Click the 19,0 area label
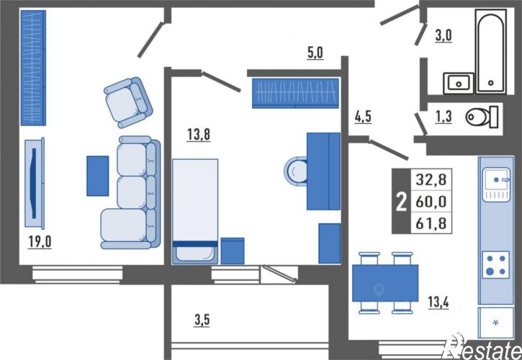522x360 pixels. pyautogui.click(x=40, y=242)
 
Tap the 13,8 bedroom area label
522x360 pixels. pyautogui.click(x=199, y=135)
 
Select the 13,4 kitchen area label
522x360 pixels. pyautogui.click(x=438, y=302)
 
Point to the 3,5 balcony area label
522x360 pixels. pyautogui.click(x=202, y=320)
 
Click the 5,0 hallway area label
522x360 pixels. pyautogui.click(x=315, y=53)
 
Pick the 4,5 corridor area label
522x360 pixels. pyautogui.click(x=363, y=117)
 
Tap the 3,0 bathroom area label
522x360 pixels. pyautogui.click(x=444, y=35)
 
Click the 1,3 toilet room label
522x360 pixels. pyautogui.click(x=444, y=117)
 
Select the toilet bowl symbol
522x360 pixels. pyautogui.click(x=482, y=117)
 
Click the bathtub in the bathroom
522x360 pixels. pyautogui.click(x=491, y=51)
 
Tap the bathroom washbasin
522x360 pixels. pyautogui.click(x=459, y=84)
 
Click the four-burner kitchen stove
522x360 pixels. pyautogui.click(x=495, y=264)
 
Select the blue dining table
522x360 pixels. pyautogui.click(x=385, y=283)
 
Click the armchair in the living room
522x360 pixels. pyautogui.click(x=128, y=102)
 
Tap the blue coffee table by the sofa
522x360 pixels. pyautogui.click(x=97, y=176)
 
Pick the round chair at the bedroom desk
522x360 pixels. pyautogui.click(x=295, y=171)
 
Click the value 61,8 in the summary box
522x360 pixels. pyautogui.click(x=431, y=222)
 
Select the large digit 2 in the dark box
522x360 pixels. pyautogui.click(x=401, y=202)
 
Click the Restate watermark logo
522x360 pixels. pyautogui.click(x=481, y=347)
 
